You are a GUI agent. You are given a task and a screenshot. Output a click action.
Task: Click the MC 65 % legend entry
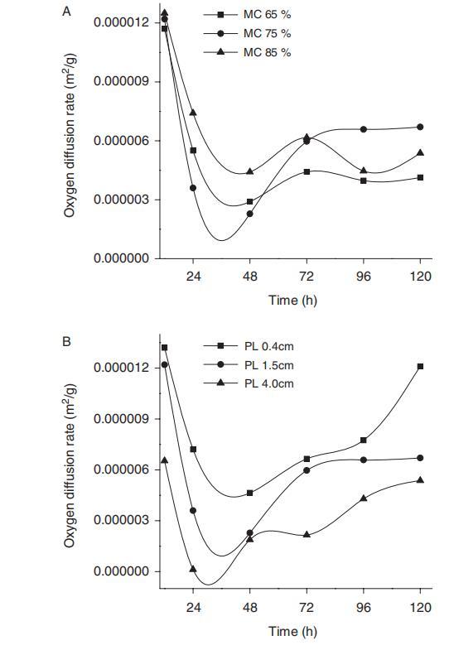[x=247, y=15]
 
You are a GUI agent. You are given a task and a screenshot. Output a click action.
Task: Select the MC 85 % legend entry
[x=247, y=52]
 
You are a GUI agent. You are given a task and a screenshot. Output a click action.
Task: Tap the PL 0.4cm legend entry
[x=249, y=346]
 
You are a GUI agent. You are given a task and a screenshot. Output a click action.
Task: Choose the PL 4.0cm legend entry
[x=249, y=383]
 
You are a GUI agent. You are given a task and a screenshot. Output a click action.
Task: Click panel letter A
[x=66, y=12]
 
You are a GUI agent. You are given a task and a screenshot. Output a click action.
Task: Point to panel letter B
[x=66, y=342]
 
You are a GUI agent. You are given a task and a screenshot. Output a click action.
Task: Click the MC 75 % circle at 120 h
[x=420, y=127]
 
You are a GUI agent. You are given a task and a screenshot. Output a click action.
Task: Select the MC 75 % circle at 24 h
[x=193, y=188]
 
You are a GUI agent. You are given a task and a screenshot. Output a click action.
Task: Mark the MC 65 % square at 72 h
[x=307, y=171]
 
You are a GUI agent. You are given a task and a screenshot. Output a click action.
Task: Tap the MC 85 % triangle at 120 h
[x=420, y=153]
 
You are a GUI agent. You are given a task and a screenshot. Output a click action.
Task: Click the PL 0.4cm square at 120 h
[x=420, y=367]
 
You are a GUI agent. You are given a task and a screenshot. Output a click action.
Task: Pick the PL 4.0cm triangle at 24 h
[x=193, y=569]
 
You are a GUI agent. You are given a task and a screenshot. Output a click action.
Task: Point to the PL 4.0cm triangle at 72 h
[x=307, y=535]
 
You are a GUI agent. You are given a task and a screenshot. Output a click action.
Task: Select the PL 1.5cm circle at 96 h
[x=364, y=460]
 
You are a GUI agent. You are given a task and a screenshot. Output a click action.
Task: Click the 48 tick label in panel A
[x=249, y=276]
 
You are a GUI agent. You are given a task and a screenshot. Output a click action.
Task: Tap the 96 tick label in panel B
[x=364, y=608]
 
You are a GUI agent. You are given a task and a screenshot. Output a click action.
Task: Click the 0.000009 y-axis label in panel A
[x=121, y=81]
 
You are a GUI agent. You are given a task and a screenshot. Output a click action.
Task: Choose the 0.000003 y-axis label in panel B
[x=121, y=520]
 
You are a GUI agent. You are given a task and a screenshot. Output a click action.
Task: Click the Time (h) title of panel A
[x=292, y=300]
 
